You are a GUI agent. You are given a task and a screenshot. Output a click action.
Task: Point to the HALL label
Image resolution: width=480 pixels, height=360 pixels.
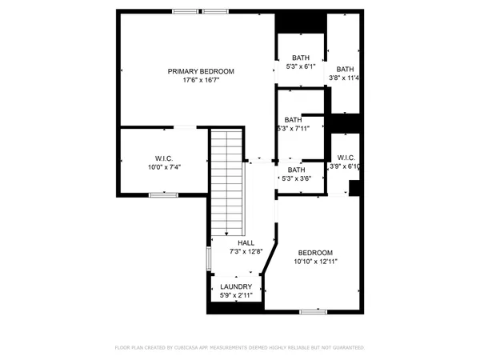pos(246,242)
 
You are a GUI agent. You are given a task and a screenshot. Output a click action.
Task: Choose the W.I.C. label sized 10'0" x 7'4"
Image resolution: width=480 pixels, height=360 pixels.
pos(165,158)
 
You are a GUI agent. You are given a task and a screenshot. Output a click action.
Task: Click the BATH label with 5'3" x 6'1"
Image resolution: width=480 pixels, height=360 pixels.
pos(300,58)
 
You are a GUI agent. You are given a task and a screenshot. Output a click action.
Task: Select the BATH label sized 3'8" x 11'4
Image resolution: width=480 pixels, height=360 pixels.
pos(345,69)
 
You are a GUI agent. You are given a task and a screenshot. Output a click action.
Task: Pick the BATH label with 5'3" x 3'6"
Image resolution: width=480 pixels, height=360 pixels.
pos(296,170)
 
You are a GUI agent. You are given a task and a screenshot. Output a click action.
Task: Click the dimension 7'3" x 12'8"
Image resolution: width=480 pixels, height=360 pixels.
pos(246,251)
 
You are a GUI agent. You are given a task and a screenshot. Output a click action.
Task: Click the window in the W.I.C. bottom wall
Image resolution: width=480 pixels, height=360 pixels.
pos(163,194)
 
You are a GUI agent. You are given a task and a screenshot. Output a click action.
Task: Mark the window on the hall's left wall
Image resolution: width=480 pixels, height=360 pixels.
pos(209,258)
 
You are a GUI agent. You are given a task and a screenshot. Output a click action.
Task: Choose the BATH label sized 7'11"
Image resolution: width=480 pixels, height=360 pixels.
pos(293,119)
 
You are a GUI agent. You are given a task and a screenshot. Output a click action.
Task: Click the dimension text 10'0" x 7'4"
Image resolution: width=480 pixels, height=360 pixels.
pos(165,167)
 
